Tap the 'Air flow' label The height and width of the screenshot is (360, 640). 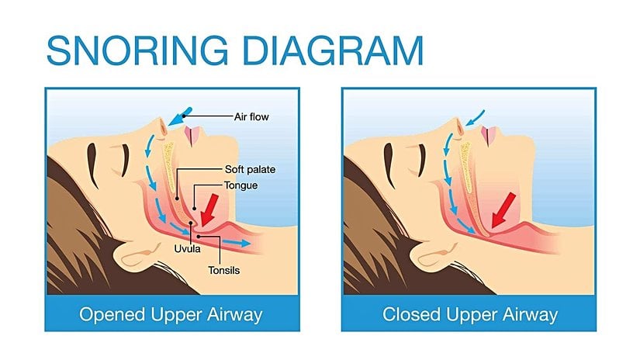point(251,117)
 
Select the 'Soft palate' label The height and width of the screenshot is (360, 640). point(251,169)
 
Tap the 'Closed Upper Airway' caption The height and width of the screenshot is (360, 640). point(470,315)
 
